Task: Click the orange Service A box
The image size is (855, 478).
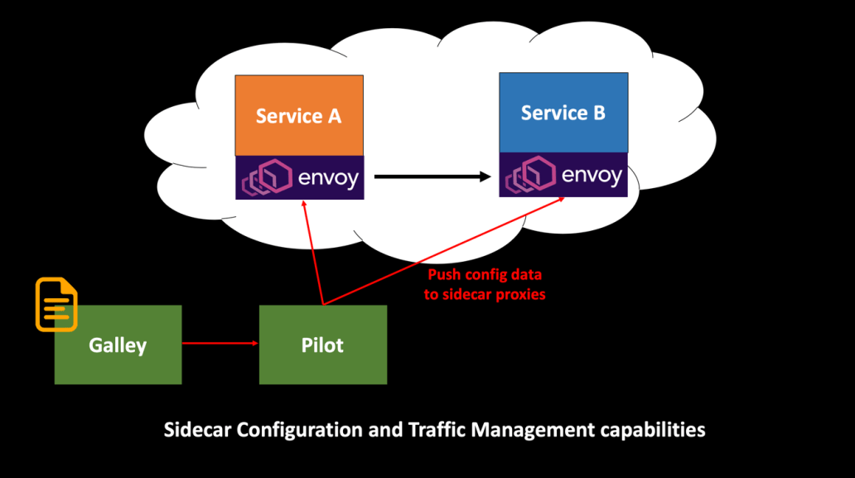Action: click(x=298, y=115)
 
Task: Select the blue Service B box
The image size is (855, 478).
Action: click(x=563, y=113)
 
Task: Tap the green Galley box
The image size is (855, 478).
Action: click(x=118, y=345)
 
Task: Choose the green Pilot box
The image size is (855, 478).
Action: click(x=322, y=345)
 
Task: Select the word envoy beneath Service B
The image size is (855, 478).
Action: click(x=591, y=176)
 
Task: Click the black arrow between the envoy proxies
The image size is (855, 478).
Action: click(x=431, y=176)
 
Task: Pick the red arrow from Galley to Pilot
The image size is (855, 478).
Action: click(x=220, y=342)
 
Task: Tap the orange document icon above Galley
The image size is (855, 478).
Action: click(x=56, y=304)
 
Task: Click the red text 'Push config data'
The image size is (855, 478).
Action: click(x=485, y=274)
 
